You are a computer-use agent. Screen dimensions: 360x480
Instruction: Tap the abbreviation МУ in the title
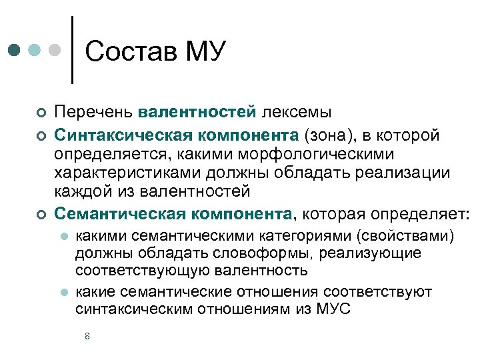click(205, 51)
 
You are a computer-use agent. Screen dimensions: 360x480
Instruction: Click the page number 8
click(87, 336)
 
